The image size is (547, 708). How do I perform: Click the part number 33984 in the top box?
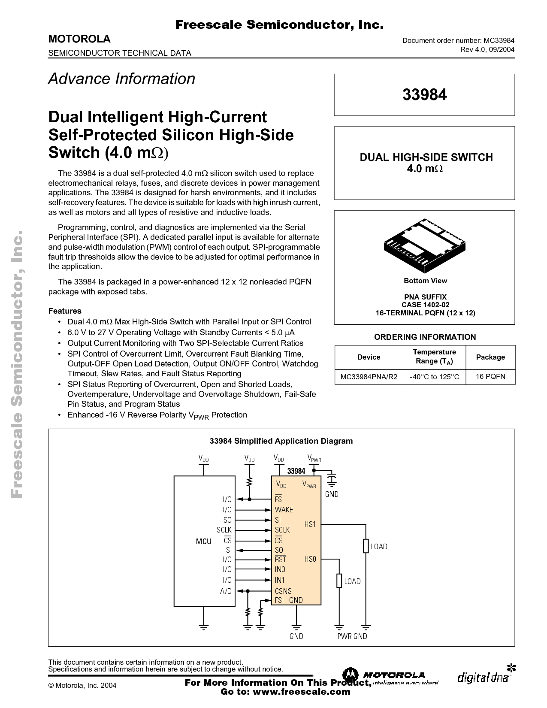click(x=424, y=95)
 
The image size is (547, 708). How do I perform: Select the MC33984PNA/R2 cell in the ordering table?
click(x=369, y=377)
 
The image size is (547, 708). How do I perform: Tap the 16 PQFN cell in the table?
click(x=490, y=376)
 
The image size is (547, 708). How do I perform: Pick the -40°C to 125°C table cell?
click(x=434, y=377)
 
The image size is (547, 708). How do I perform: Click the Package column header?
click(x=490, y=357)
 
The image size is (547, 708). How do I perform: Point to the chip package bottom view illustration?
click(x=424, y=245)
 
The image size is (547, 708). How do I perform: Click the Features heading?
click(x=65, y=311)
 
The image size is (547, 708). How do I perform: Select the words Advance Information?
click(x=121, y=79)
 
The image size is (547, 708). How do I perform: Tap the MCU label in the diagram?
click(x=204, y=542)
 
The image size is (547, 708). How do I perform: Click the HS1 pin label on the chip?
click(x=310, y=524)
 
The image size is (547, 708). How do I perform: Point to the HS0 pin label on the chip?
click(x=310, y=559)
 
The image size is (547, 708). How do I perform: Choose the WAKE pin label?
click(x=284, y=510)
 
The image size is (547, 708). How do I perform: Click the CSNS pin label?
click(x=283, y=591)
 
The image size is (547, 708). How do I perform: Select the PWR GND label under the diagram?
click(x=352, y=636)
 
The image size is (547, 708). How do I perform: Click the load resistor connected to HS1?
click(x=366, y=546)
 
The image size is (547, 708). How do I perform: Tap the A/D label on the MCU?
click(x=226, y=591)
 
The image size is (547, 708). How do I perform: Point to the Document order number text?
click(x=458, y=40)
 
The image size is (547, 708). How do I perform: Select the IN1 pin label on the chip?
click(x=280, y=580)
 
